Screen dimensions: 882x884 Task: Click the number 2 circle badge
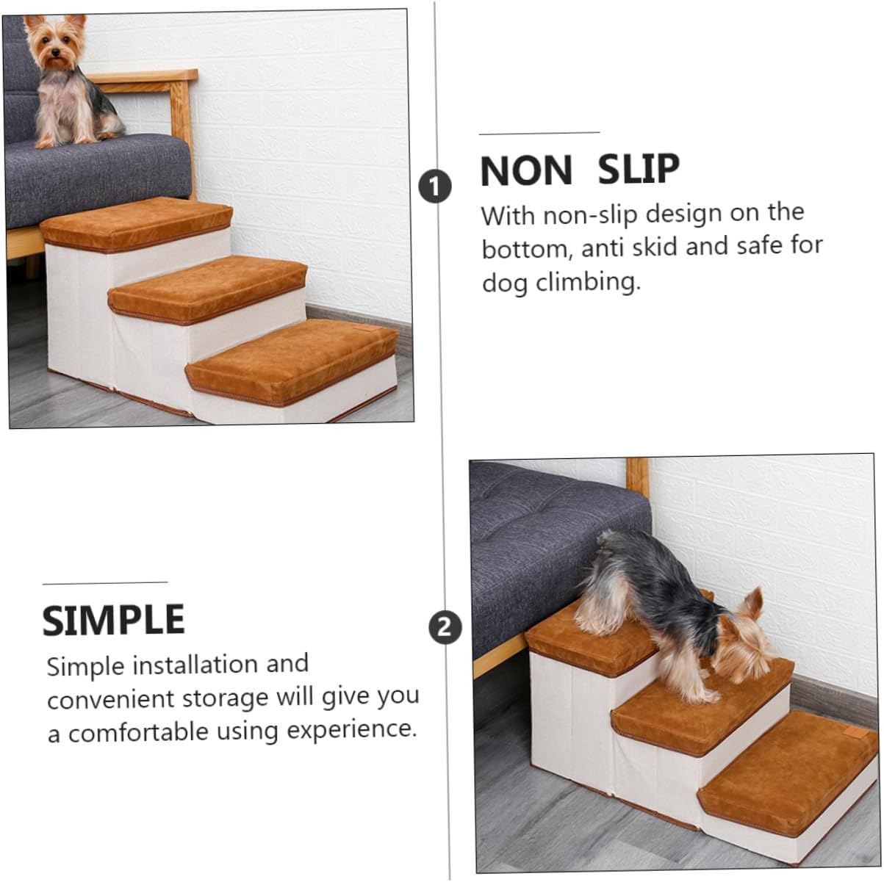pyautogui.click(x=445, y=628)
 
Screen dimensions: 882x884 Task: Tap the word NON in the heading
pyautogui.click(x=526, y=170)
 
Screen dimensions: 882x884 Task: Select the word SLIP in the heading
pyautogui.click(x=638, y=170)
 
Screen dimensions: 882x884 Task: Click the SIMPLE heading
pyautogui.click(x=114, y=621)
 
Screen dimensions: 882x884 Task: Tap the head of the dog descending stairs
pyautogui.click(x=742, y=639)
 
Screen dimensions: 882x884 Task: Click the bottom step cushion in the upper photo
pyautogui.click(x=292, y=358)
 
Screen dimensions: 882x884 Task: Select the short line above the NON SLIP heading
pyautogui.click(x=539, y=133)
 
